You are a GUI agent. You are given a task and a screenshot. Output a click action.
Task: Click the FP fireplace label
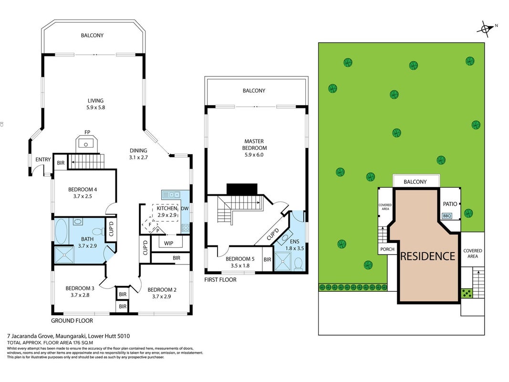(87, 132)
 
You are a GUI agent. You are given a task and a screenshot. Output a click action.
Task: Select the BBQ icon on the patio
(447, 216)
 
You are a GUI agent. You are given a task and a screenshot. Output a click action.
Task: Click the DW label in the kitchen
(185, 209)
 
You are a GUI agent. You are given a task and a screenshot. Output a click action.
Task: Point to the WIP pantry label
(168, 243)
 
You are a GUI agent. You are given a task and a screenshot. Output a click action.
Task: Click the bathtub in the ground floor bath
(61, 231)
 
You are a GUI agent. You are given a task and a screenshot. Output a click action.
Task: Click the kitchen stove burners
(186, 228)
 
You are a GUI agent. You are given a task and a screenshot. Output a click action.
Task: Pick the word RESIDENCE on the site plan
(427, 256)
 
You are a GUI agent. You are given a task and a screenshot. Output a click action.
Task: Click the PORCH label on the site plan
(387, 249)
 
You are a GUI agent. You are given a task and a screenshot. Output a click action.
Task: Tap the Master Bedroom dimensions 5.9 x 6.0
(254, 155)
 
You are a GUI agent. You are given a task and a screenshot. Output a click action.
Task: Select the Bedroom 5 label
(240, 259)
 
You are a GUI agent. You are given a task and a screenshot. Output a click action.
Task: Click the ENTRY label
(43, 159)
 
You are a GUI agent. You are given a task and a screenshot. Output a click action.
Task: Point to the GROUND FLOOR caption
(72, 320)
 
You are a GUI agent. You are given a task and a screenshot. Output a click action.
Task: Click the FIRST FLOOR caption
(220, 280)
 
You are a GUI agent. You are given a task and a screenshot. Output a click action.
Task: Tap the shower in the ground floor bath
(64, 255)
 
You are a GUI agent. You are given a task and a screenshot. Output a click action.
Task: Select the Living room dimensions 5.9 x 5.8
(95, 107)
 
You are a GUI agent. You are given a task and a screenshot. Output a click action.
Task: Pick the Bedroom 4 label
(83, 190)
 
